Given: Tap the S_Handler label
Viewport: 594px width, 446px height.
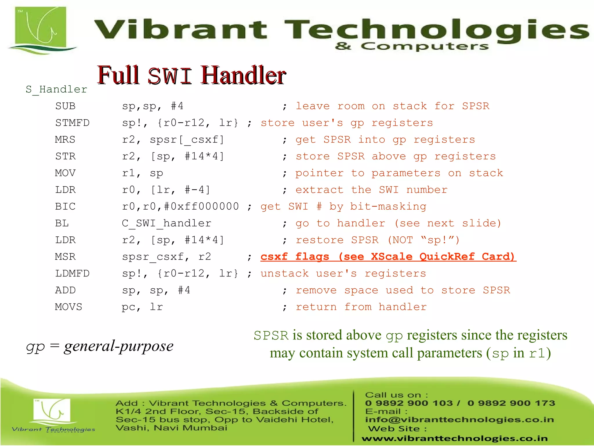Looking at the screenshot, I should coord(56,89).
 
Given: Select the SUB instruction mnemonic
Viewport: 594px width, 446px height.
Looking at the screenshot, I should coord(65,106).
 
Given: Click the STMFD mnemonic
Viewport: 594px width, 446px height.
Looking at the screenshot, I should coord(72,123).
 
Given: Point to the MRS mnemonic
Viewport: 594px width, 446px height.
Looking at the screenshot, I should coord(65,140).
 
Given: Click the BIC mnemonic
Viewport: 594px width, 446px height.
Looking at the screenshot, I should coord(65,207).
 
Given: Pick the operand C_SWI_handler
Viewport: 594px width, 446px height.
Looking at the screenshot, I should coord(166,224).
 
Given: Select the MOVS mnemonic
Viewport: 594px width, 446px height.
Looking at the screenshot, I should coord(69,307).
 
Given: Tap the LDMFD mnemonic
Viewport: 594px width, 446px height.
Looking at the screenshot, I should coord(72,274).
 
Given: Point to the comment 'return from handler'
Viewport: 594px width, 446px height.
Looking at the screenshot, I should coord(361,307).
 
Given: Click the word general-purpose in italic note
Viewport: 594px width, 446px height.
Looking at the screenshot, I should coord(119,346).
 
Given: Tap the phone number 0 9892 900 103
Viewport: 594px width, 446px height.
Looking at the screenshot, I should coord(409,403).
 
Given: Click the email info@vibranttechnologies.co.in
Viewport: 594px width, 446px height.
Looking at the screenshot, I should coord(459,420).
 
